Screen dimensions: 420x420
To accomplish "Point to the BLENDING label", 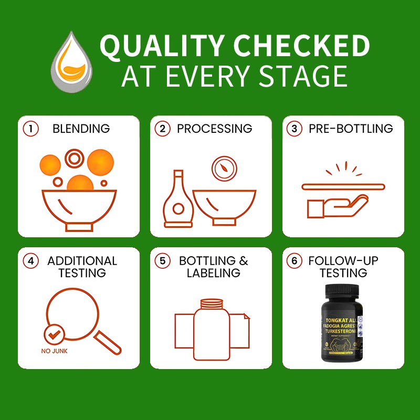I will point(81,129).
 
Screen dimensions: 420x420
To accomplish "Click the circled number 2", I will point(163,129).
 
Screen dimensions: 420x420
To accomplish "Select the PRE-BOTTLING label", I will point(350,129).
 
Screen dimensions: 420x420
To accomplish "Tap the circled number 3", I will point(296,129).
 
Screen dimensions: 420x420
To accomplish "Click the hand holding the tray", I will point(331,205).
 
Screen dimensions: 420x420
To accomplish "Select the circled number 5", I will point(163,261).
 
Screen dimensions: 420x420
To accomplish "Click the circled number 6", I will point(296,261).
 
